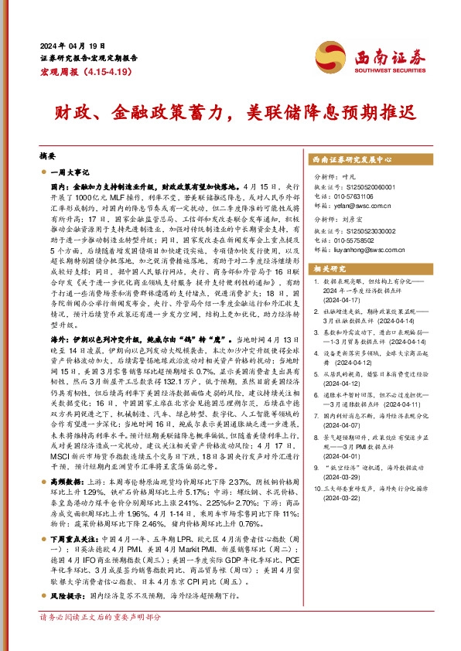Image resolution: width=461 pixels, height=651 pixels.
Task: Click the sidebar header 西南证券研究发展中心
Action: (x=352, y=158)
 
